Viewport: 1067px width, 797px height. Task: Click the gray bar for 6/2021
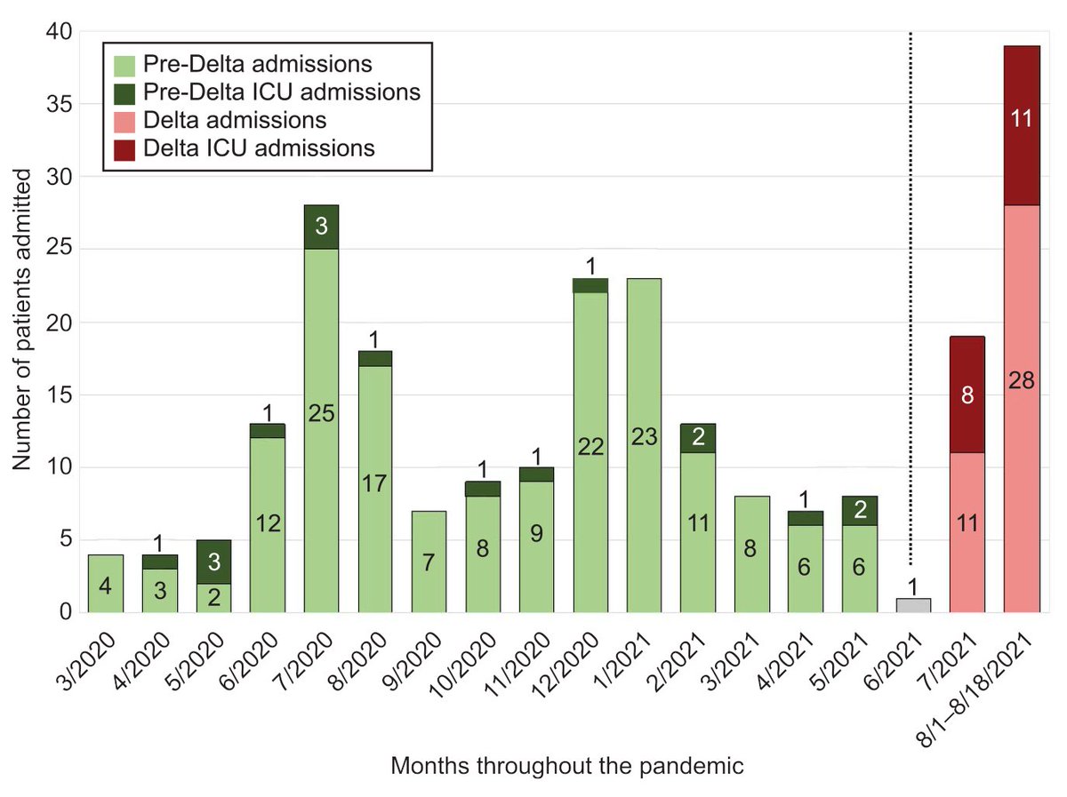[x=913, y=605]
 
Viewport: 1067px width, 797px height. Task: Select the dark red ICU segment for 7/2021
[x=967, y=395]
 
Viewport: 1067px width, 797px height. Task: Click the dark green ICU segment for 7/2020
[x=321, y=227]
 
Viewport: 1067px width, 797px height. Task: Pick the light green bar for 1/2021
[x=644, y=445]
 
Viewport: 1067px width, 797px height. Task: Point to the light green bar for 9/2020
[x=429, y=562]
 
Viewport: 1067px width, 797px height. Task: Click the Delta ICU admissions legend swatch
[x=125, y=148]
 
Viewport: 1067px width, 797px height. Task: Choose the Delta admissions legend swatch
[x=125, y=121]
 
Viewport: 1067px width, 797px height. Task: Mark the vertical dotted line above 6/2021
[x=912, y=293]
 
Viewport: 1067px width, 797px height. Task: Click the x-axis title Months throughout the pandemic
[x=567, y=766]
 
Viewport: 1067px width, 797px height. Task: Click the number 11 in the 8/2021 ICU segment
[x=1022, y=117]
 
